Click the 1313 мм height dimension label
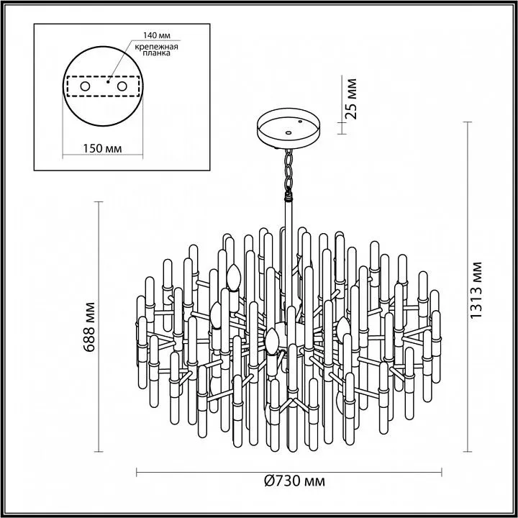[476, 291]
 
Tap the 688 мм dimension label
[89, 327]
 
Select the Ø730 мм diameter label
[295, 481]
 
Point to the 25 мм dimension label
[350, 99]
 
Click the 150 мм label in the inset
[102, 149]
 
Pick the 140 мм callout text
[157, 35]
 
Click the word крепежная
[156, 47]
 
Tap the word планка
[157, 53]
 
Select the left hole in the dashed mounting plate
[85, 86]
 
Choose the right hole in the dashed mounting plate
[122, 86]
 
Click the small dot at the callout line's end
[108, 81]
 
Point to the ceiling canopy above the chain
[288, 128]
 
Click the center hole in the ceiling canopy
[288, 133]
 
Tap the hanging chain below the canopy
[288, 173]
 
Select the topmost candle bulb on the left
[234, 277]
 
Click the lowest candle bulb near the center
[272, 341]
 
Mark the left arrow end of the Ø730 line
[137, 472]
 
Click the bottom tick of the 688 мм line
[99, 452]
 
